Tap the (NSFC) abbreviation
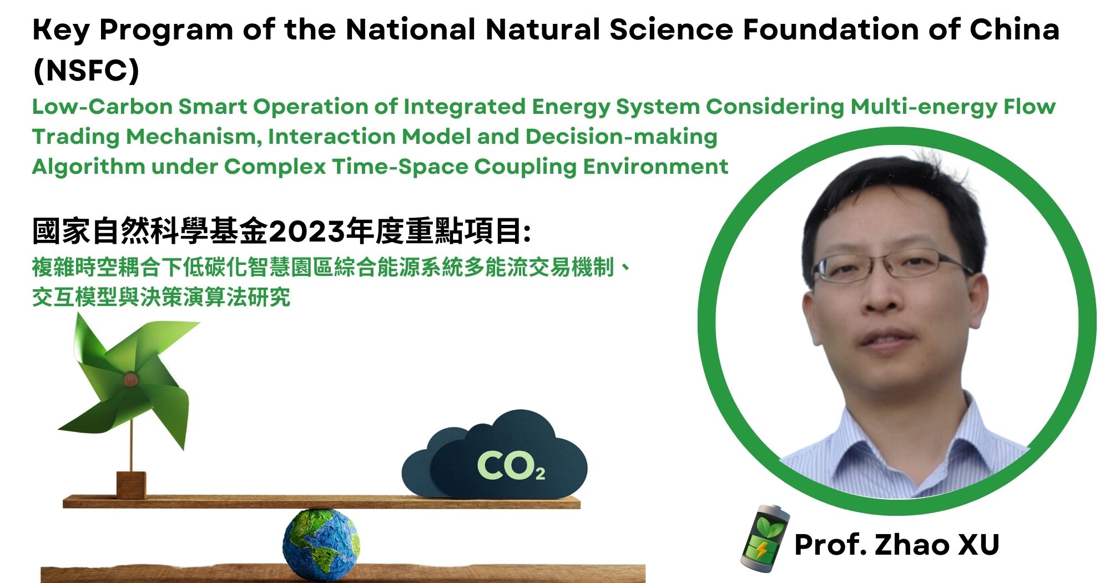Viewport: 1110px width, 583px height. (86, 71)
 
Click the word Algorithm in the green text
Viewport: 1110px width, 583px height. (88, 167)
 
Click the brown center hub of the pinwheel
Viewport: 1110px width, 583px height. (131, 380)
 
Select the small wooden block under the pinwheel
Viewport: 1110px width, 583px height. (131, 485)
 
